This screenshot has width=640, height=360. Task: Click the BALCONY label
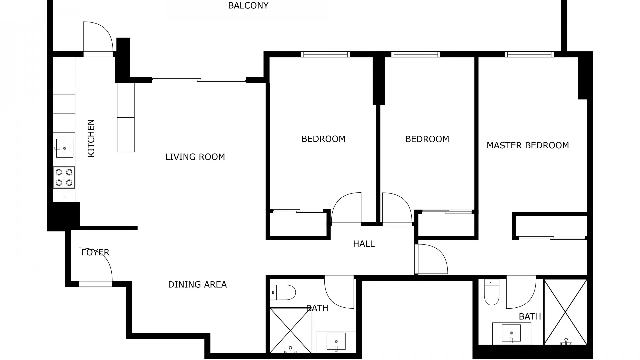pyautogui.click(x=248, y=6)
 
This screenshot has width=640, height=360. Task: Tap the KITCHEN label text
pyautogui.click(x=91, y=138)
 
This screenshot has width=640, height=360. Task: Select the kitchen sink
pyautogui.click(x=65, y=148)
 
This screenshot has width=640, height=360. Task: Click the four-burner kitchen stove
pyautogui.click(x=64, y=177)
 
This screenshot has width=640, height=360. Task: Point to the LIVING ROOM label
pyautogui.click(x=195, y=157)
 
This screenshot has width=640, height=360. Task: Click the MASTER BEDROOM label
pyautogui.click(x=528, y=145)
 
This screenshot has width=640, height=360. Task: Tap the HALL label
pyautogui.click(x=364, y=244)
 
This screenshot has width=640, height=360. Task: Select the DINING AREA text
pyautogui.click(x=197, y=284)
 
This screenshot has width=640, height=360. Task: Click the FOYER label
pyautogui.click(x=95, y=252)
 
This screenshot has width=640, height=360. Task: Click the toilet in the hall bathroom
pyautogui.click(x=283, y=292)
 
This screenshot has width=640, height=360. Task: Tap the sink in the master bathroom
pyautogui.click(x=511, y=333)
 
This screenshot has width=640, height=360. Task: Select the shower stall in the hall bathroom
pyautogui.click(x=290, y=330)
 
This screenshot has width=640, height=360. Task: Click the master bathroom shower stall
pyautogui.click(x=565, y=312)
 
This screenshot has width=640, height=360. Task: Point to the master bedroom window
pyautogui.click(x=529, y=54)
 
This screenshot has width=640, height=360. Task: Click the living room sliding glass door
pyautogui.click(x=199, y=80)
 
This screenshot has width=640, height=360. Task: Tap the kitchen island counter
pyautogui.click(x=126, y=118)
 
